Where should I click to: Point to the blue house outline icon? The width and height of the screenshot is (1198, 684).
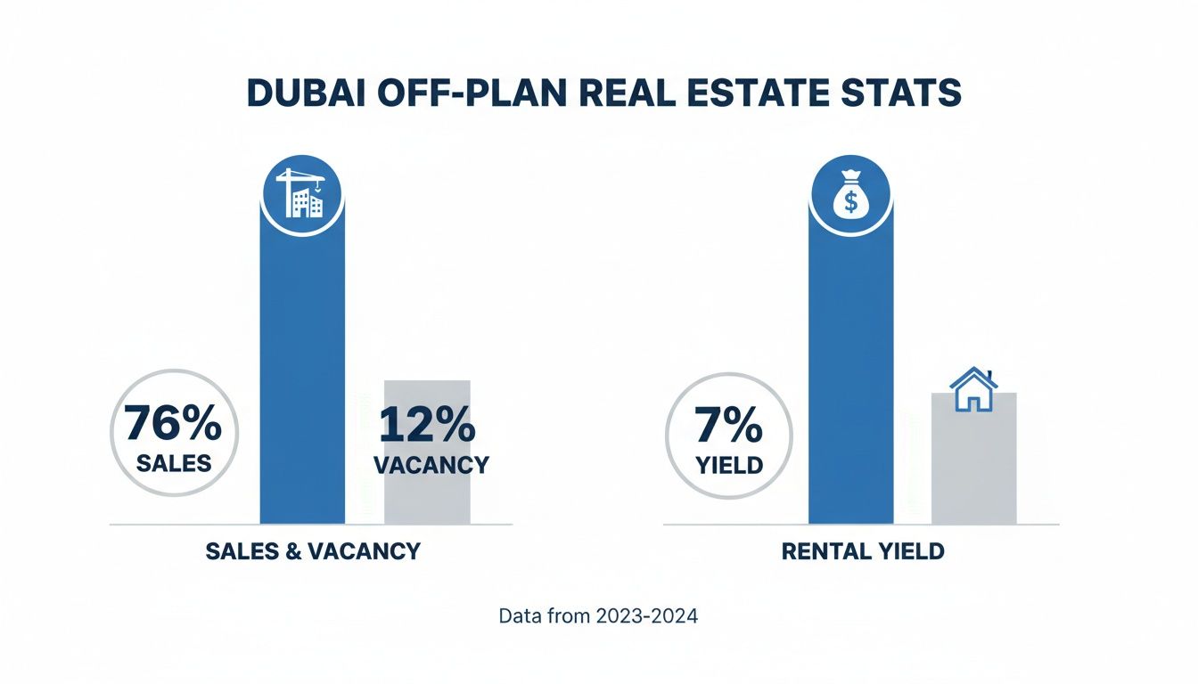973,389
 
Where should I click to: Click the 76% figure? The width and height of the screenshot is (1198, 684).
173,423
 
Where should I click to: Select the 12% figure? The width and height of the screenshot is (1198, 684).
427,425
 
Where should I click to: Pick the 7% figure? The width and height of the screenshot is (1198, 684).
729,427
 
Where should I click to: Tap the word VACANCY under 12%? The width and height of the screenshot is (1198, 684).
431,465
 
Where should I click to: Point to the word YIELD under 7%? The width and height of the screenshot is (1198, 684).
729,466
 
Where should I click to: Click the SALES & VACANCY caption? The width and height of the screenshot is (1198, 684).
312,551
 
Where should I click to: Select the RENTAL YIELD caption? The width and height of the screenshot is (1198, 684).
862,551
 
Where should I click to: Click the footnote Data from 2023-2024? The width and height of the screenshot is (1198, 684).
598,616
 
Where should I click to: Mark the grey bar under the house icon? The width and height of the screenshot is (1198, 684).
973,472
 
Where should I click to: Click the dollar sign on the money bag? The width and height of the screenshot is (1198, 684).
850,203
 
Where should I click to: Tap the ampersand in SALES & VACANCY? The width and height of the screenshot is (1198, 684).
292,551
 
